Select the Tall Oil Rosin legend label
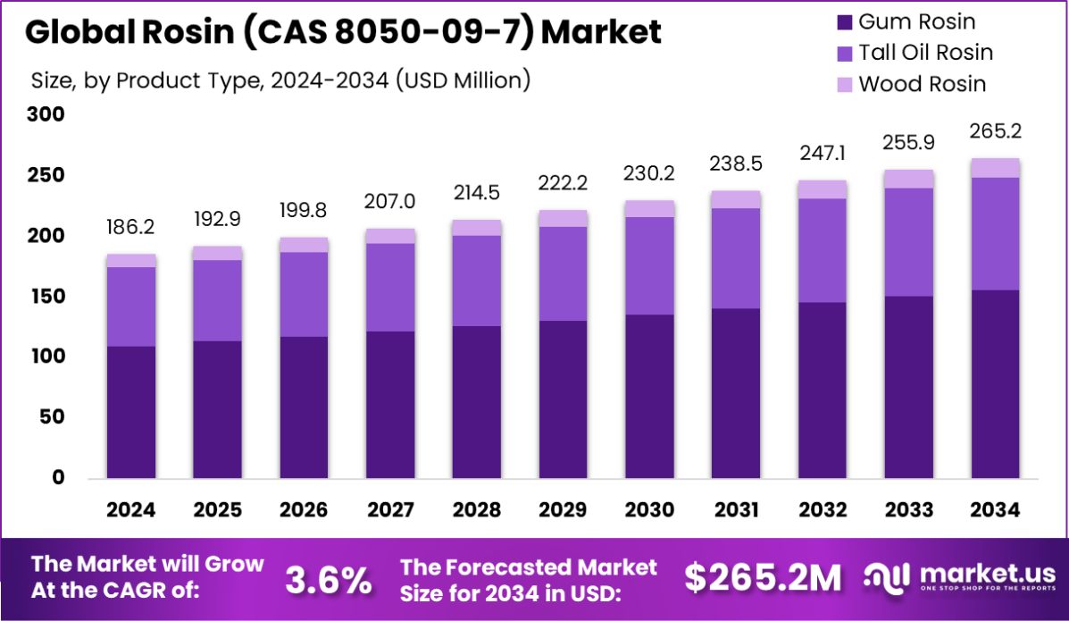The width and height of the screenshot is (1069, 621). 925,53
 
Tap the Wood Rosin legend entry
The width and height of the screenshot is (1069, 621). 922,84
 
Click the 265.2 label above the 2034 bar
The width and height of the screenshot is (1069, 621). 995,131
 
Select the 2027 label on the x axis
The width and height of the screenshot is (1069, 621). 389,510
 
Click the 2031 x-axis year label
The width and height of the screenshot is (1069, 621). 736,510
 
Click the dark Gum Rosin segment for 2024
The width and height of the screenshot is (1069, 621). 130,413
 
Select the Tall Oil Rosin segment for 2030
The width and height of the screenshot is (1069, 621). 649,265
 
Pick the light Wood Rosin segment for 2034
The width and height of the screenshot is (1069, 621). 995,168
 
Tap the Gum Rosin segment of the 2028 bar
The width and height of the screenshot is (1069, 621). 476,403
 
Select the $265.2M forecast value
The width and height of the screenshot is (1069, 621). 763,579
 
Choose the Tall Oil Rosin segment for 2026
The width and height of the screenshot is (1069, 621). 303,294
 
